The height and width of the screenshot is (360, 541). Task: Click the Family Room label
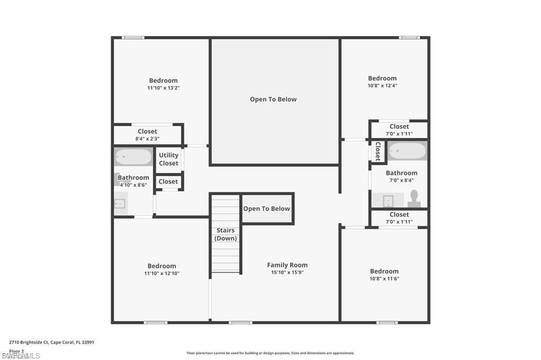(x=287, y=265)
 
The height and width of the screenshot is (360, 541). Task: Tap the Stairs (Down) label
(x=225, y=234)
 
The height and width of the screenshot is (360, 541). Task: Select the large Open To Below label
(x=273, y=99)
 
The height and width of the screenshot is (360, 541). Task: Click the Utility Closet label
(x=169, y=159)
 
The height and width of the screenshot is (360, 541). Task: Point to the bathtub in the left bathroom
(x=133, y=157)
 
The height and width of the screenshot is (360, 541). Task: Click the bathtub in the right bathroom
(x=407, y=151)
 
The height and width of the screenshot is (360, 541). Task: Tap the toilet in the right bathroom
(x=414, y=198)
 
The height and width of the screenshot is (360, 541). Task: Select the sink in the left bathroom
(x=120, y=203)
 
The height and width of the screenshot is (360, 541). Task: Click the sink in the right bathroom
(x=388, y=201)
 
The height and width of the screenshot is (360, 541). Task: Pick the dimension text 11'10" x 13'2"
(x=163, y=88)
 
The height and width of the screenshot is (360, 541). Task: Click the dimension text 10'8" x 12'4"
(x=383, y=86)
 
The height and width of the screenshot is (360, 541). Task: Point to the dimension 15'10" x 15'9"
(x=287, y=273)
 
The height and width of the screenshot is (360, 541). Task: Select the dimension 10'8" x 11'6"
(x=384, y=279)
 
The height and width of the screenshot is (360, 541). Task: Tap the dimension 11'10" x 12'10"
(x=162, y=273)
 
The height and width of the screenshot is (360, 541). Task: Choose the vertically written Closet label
(x=378, y=151)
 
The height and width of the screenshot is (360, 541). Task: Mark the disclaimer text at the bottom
(x=270, y=353)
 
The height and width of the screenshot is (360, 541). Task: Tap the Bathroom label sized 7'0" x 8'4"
(x=402, y=173)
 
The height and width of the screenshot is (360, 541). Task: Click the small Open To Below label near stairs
(x=266, y=209)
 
